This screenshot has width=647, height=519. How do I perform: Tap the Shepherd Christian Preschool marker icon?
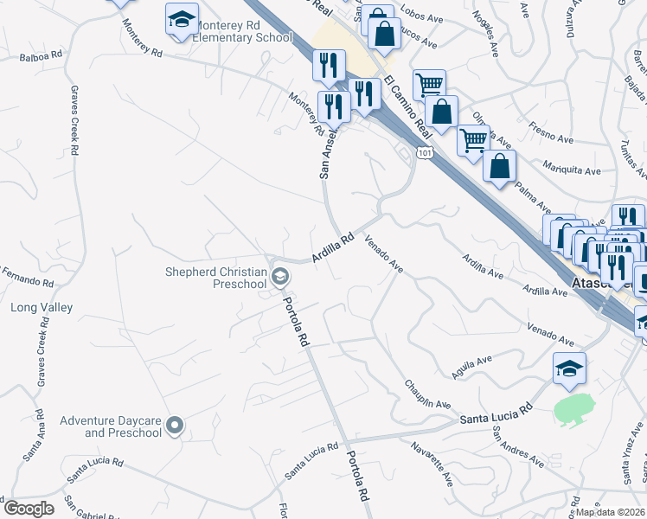pyautogui.click(x=279, y=277)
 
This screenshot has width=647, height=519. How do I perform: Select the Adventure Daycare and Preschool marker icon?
pyautogui.click(x=175, y=425)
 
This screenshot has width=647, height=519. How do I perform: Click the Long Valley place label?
pyautogui.click(x=42, y=307)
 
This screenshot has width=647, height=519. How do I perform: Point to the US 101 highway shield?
pyautogui.click(x=424, y=152)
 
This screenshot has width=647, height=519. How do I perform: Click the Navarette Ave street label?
pyautogui.click(x=432, y=463)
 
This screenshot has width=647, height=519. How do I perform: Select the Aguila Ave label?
pyautogui.click(x=471, y=365)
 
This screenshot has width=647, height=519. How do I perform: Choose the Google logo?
pyautogui.click(x=29, y=509)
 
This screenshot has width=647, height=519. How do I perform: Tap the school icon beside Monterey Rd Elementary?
pyautogui.click(x=182, y=20)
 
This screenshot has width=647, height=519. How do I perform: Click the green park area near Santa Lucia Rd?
pyautogui.click(x=573, y=408)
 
